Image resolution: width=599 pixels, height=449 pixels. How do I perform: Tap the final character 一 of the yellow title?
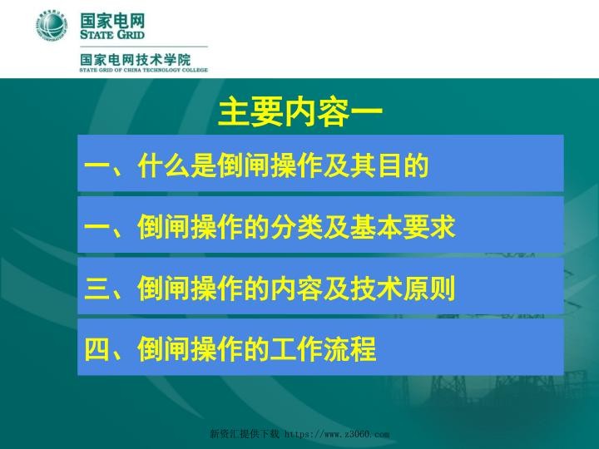[368, 114]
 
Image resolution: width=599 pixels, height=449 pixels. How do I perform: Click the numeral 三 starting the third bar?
[97, 288]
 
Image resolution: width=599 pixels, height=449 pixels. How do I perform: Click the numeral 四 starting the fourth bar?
[97, 348]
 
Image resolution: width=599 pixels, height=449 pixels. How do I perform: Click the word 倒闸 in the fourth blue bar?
[166, 348]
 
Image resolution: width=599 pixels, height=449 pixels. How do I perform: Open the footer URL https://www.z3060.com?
[338, 435]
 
